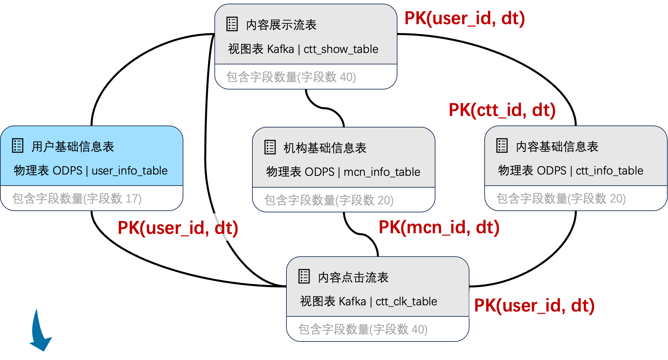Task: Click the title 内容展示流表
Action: pos(281,25)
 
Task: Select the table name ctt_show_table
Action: pos(341,49)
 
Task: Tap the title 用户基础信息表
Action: pos(73,147)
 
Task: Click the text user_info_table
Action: pos(130,171)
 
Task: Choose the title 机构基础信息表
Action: pos(325,148)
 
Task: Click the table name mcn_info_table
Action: pos(382,172)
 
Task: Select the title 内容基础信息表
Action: pos(557,147)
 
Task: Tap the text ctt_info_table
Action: pos(609,171)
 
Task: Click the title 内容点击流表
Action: pos(353,277)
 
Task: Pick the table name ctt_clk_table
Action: pos(406,302)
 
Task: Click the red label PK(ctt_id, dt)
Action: pos(502,110)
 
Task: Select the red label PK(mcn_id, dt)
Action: pos(439,227)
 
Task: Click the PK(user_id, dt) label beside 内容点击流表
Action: pos(534,305)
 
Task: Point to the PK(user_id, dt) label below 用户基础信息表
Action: pos(178,228)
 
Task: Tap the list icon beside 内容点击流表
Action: pos(304,276)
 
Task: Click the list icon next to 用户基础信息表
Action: pos(18,146)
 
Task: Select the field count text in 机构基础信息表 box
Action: pos(329,200)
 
